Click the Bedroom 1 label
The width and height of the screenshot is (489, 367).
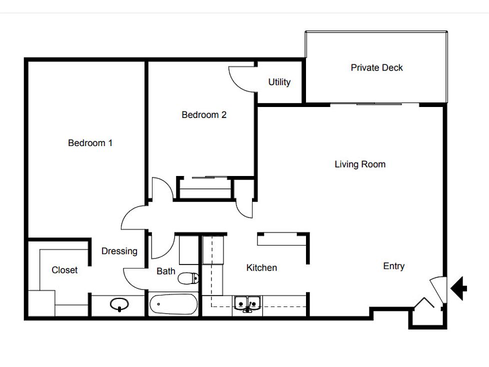pos(90,143)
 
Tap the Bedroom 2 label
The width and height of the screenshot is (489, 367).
pos(204,114)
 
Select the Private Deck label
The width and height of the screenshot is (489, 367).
pos(376,67)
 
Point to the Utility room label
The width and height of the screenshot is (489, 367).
pos(279,82)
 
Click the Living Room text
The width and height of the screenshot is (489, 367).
pos(360,164)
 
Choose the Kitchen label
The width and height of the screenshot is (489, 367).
pos(261,267)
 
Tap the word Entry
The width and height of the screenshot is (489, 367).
pos(394,266)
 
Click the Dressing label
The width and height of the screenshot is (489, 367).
pos(119,251)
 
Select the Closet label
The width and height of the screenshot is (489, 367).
pos(64,270)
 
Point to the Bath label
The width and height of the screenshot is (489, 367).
pos(166,271)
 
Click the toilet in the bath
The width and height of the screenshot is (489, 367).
pos(188,278)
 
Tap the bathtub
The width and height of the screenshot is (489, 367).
pos(173,304)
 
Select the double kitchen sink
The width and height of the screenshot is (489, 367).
pos(247,304)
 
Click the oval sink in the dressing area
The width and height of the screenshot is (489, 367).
pos(119,304)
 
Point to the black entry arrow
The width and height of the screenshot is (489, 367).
pos(458,288)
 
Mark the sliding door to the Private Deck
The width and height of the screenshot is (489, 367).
pos(374,104)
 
